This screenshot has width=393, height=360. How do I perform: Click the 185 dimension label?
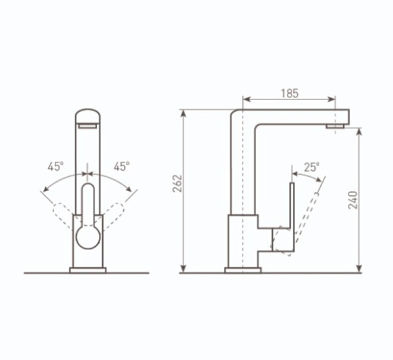(290, 94)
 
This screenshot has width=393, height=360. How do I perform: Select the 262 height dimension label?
(178, 184)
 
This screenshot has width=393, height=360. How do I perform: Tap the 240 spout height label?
(352, 200)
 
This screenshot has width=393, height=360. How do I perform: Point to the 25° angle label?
(312, 167)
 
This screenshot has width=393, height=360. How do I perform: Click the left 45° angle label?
(56, 166)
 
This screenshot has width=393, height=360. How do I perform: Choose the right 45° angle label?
(122, 166)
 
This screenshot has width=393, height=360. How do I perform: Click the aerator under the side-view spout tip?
(335, 126)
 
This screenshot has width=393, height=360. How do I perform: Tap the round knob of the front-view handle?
(88, 237)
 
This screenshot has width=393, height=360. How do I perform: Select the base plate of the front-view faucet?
(88, 270)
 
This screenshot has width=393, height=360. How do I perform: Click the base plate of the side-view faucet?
(243, 270)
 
